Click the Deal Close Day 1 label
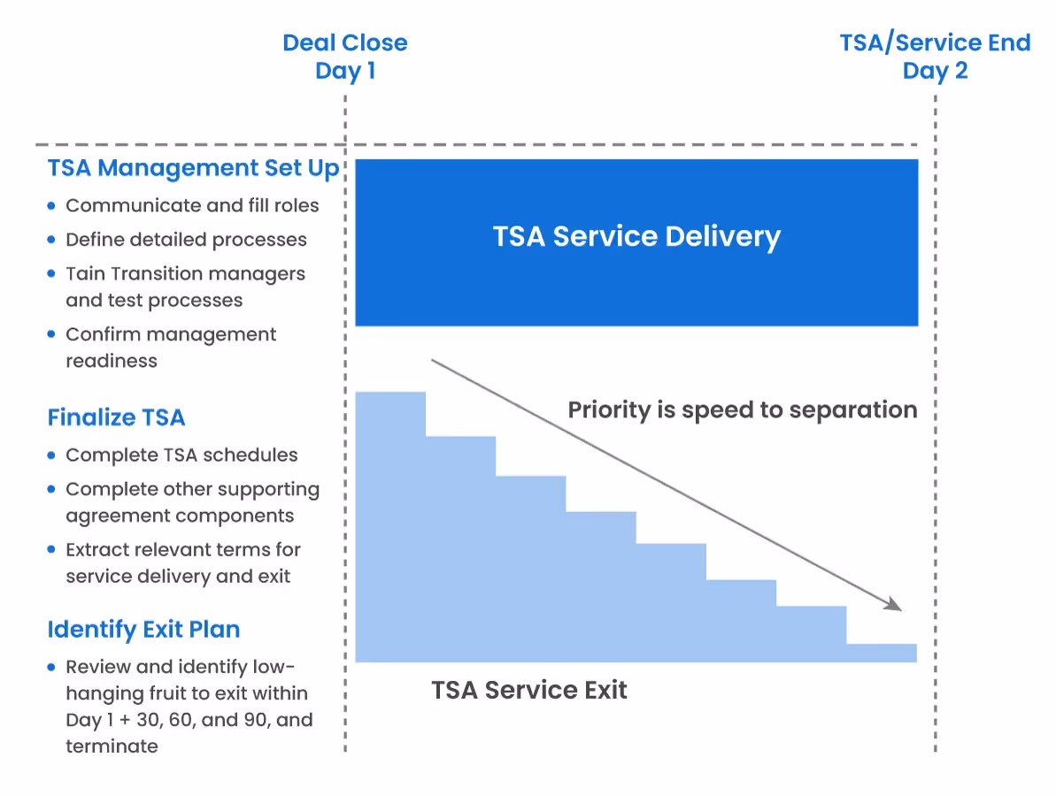point(345,57)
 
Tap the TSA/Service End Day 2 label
point(935,57)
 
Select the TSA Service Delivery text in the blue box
point(636,237)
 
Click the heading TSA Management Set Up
point(194,169)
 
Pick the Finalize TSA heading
point(116,417)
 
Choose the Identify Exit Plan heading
point(143,630)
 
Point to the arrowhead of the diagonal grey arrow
point(894,606)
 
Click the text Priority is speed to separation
point(742,410)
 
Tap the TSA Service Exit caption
point(529,690)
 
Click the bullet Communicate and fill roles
point(192,206)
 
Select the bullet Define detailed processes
point(186,240)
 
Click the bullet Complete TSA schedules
point(181,455)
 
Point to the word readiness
point(112,361)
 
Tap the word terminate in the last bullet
point(112,746)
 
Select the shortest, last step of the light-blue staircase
point(882,653)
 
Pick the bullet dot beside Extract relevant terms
point(51,550)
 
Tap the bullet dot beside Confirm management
point(51,335)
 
